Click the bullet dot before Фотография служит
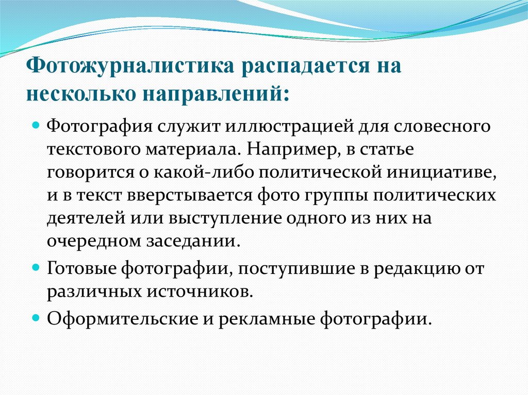(x=37, y=126)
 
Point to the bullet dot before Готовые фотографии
(x=37, y=268)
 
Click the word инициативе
(x=443, y=174)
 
